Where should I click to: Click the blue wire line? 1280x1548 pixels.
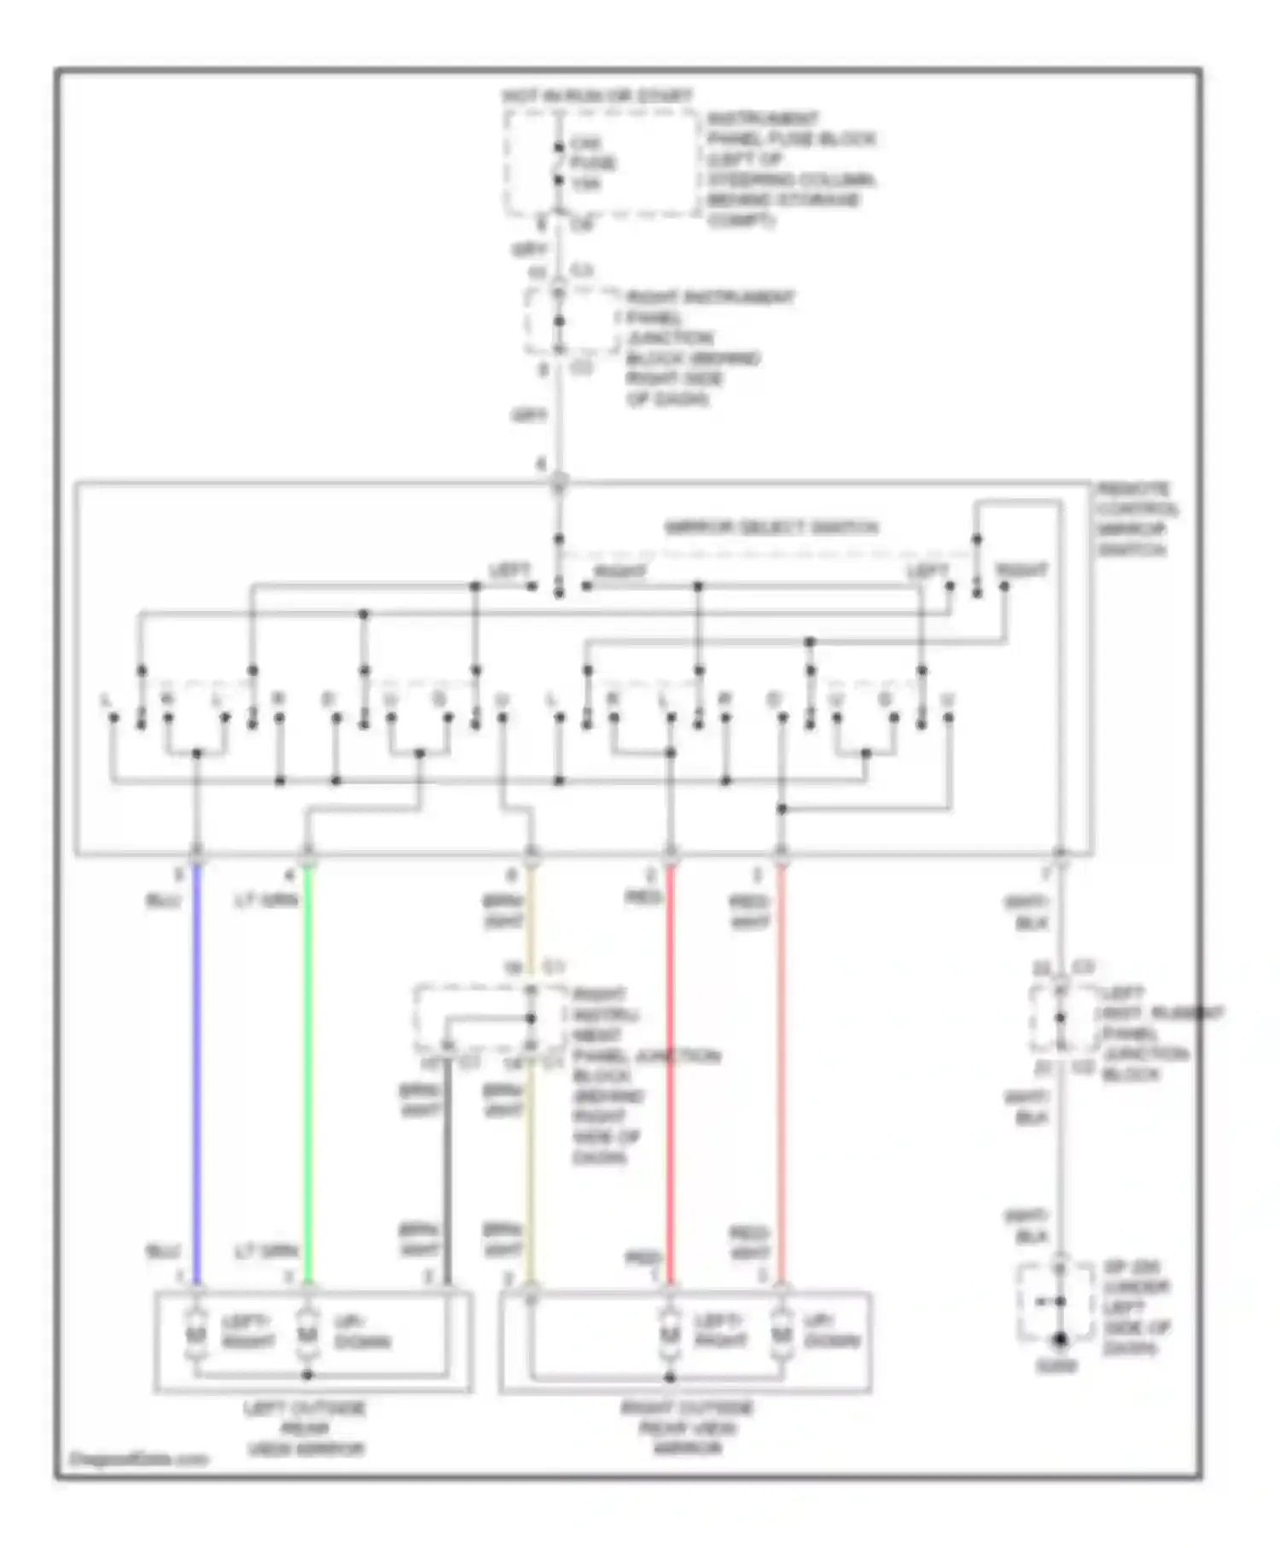coord(197,1067)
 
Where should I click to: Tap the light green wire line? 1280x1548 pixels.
coord(308,1067)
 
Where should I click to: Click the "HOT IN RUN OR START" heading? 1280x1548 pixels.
coord(596,96)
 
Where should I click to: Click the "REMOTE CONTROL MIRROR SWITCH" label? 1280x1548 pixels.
coord(1137,519)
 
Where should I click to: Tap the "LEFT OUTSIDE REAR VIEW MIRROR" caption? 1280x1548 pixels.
coord(305,1428)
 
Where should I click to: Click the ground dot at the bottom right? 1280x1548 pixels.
coord(1059,1341)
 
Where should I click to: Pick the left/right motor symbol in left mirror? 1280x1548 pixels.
coord(197,1334)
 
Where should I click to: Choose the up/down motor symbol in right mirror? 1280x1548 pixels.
coord(781,1334)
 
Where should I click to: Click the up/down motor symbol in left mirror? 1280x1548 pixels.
coord(308,1334)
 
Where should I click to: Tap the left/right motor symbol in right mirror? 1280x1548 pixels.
coord(670,1334)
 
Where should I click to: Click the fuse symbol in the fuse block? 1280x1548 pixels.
coord(558,164)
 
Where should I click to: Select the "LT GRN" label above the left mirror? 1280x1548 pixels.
coord(266,1251)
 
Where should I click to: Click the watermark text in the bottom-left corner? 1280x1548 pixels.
coord(137,1458)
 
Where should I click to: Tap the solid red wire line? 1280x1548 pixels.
coord(670,1067)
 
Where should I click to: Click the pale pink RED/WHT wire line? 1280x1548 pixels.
coord(781,1067)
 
